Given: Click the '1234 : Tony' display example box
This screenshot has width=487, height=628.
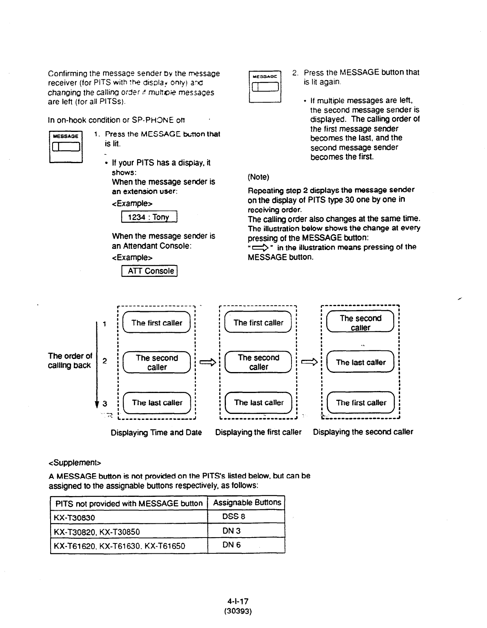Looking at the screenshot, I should click(149, 217).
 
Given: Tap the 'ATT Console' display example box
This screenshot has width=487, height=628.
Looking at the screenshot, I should click(150, 271).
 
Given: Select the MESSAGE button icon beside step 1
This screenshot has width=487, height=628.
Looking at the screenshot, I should click(66, 147).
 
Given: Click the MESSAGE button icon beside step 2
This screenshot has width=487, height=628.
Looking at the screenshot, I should click(265, 86).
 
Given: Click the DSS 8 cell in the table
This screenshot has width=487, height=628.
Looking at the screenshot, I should click(234, 516).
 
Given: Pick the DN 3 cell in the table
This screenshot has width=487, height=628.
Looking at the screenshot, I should click(231, 531).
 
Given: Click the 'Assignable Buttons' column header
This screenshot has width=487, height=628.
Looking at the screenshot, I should click(247, 502).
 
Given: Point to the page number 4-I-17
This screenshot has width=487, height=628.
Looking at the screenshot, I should click(238, 602).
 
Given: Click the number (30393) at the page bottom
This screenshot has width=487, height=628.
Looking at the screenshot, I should click(238, 611).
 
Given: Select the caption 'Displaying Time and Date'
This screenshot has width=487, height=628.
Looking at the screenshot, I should click(156, 432).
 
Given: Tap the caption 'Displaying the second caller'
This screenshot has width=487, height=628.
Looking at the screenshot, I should click(363, 432).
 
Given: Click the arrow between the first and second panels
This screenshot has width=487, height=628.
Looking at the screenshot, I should click(207, 362).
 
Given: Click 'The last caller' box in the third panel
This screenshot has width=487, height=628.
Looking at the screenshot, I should click(361, 362).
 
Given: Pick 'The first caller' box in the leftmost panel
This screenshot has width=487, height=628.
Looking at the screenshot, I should click(157, 323).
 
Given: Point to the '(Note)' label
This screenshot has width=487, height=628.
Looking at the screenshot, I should click(258, 177).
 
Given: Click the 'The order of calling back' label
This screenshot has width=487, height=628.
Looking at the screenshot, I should click(70, 361).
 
